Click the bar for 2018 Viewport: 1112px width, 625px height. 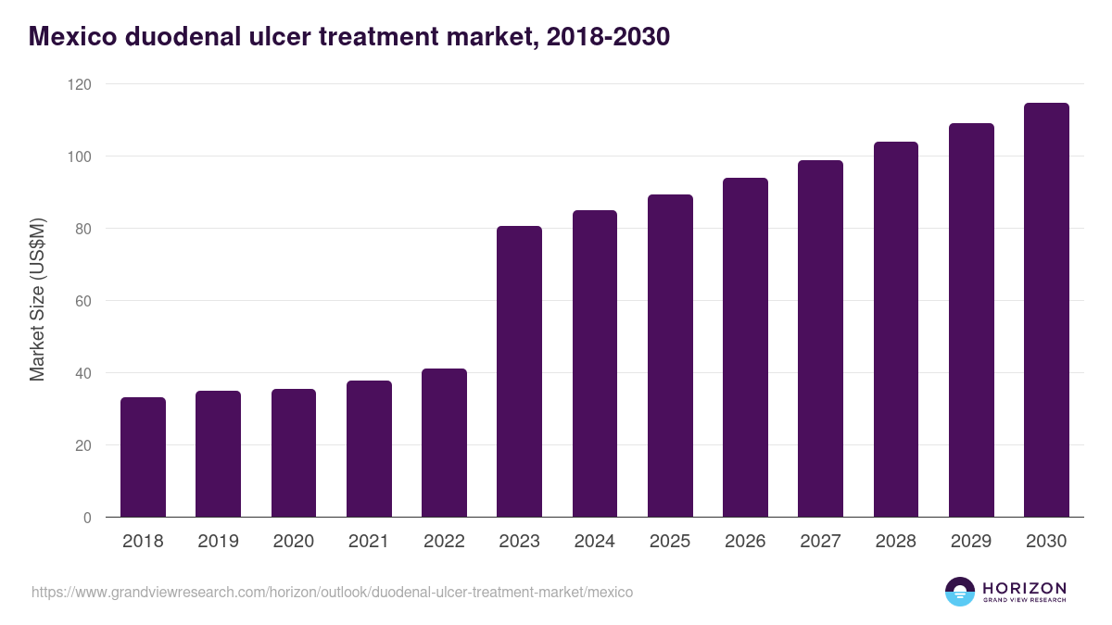click(143, 457)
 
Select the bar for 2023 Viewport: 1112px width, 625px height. click(519, 371)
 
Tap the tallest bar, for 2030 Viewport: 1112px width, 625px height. click(1046, 310)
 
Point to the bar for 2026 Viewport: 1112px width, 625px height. click(745, 347)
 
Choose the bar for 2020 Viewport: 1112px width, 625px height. click(293, 453)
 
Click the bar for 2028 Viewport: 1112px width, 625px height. click(895, 330)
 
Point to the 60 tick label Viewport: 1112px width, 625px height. click(84, 301)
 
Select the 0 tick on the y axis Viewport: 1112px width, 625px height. click(88, 518)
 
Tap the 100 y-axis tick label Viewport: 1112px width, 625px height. click(81, 156)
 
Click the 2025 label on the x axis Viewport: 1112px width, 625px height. click(669, 542)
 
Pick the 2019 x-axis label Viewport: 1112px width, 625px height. click(218, 542)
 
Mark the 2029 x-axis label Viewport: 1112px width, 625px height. click(970, 542)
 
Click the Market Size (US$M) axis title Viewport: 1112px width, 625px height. click(37, 300)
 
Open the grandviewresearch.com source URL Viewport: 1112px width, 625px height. click(332, 592)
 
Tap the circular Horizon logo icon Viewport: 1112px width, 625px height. click(959, 592)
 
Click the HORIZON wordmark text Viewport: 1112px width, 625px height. click(1024, 587)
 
